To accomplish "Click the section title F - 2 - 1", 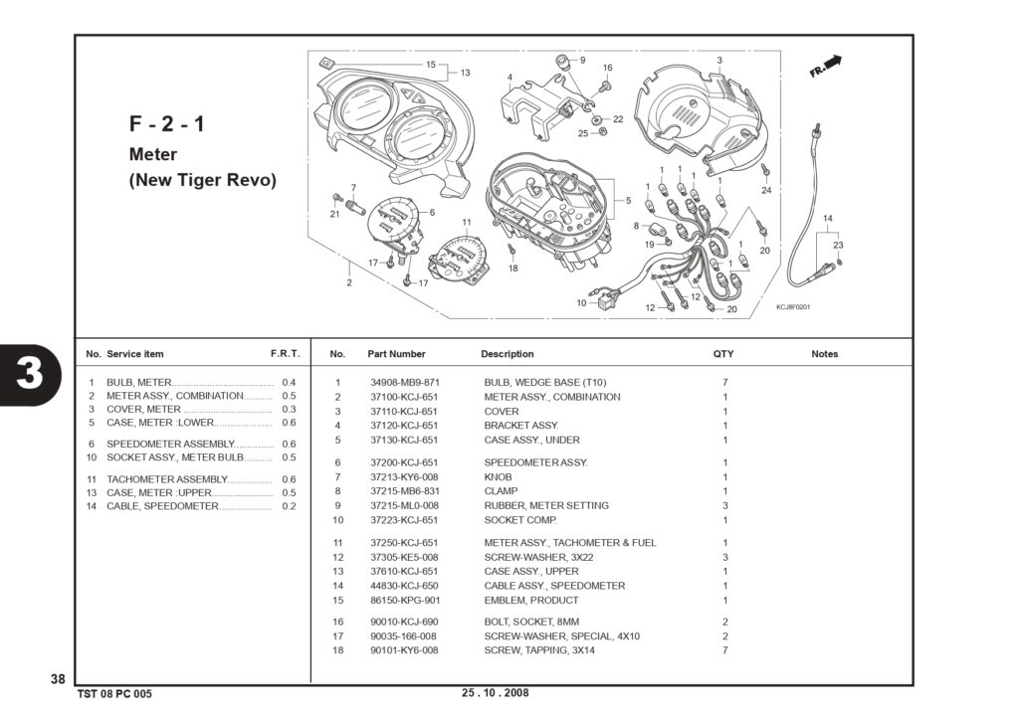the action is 167,123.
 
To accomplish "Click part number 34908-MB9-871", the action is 405,383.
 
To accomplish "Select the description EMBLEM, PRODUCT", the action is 531,601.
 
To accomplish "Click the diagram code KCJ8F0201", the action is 793,307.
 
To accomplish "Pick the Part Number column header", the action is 396,354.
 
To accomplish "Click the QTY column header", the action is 723,354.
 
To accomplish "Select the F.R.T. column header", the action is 286,354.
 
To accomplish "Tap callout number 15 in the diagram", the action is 431,65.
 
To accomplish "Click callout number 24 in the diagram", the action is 766,190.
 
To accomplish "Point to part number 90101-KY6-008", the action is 404,650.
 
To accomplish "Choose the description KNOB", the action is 498,476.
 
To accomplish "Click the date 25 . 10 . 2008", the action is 496,692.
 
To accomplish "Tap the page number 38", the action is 58,679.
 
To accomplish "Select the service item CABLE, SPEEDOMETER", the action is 162,506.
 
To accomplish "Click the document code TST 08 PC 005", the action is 114,694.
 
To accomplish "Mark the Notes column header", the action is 825,354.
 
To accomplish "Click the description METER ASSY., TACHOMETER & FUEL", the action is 570,542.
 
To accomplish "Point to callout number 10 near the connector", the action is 581,302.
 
